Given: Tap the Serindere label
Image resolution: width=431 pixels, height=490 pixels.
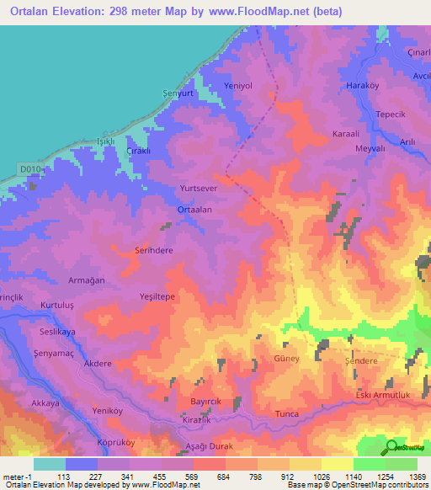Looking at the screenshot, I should pos(154,250).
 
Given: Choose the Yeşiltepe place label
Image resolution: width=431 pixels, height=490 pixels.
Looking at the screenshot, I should pos(157,296).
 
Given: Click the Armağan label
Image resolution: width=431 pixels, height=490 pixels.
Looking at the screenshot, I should pos(86,280).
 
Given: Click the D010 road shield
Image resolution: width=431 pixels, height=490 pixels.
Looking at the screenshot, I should pos(29,169).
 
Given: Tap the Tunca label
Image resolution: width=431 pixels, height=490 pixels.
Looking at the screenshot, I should pos(288,414).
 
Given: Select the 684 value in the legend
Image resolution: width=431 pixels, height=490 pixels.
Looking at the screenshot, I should pos(210,477).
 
